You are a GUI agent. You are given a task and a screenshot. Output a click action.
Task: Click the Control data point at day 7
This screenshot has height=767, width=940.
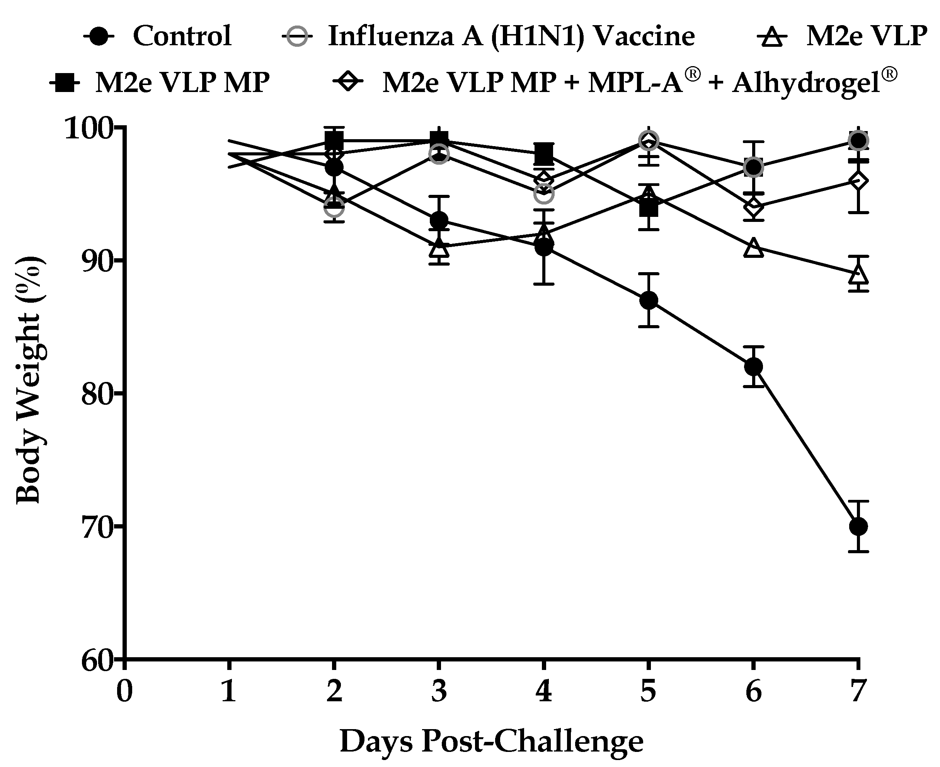point(858,526)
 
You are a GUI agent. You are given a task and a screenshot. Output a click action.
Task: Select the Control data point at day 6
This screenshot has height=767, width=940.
point(753,366)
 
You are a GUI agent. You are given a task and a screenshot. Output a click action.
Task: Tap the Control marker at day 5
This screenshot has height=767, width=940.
point(649,300)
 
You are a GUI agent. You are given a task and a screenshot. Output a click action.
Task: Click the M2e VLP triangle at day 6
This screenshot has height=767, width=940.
point(753,248)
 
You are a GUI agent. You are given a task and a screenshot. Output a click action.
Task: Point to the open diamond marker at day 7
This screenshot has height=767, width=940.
point(858,181)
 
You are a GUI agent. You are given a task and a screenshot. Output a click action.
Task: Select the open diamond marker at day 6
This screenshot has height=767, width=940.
point(753,207)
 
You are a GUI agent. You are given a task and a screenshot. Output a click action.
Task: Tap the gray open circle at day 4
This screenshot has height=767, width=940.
point(544,194)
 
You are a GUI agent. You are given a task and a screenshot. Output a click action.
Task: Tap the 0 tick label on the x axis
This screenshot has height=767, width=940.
point(124,691)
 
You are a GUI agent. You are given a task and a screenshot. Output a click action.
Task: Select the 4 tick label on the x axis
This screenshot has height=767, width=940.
point(544,691)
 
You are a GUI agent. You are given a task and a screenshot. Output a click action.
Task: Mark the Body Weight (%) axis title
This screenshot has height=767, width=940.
point(29,380)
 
